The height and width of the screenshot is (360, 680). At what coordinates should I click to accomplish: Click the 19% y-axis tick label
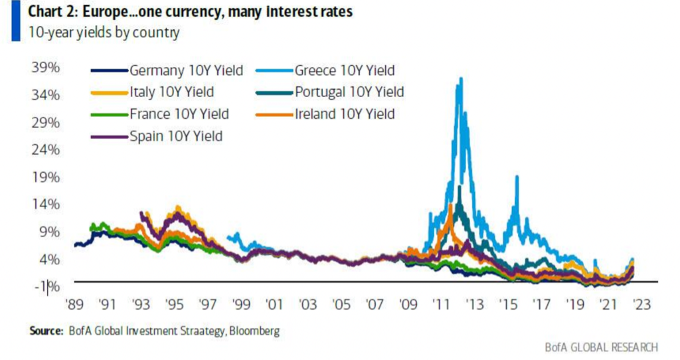[x=46, y=177]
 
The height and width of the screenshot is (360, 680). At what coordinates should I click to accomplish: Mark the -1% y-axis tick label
[x=46, y=286]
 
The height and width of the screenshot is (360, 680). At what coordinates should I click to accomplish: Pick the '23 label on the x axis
[x=641, y=304]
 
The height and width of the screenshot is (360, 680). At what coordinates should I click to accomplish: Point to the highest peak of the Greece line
[x=460, y=78]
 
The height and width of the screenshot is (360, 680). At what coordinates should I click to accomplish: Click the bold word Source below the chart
[x=45, y=329]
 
